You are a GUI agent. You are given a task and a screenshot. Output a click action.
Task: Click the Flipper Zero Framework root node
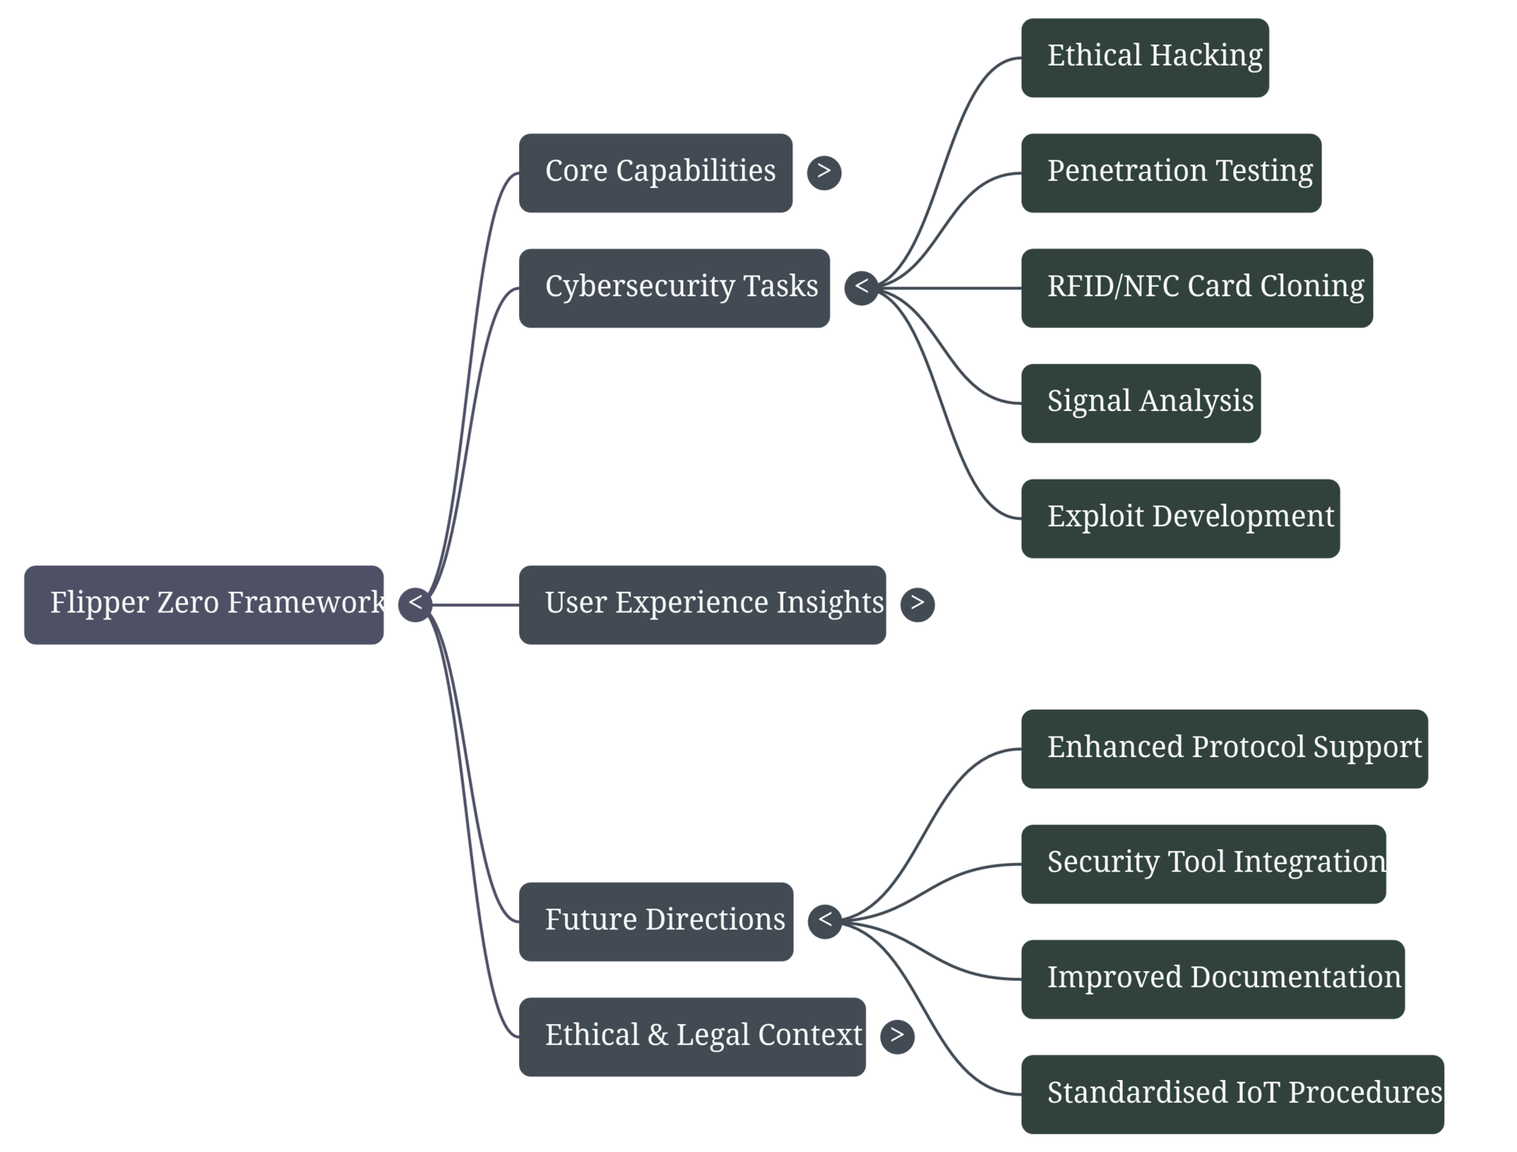pos(204,604)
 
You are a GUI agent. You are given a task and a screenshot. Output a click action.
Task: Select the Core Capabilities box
pos(655,172)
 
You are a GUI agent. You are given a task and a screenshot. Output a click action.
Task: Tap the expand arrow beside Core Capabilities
pos(824,171)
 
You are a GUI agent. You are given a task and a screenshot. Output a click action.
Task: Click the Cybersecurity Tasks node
pos(674,288)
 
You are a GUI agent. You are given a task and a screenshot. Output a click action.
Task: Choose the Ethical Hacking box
pos(1145,58)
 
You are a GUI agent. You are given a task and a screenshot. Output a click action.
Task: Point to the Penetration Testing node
pos(1171,172)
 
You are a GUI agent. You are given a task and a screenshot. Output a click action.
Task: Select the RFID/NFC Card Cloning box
pos(1196,288)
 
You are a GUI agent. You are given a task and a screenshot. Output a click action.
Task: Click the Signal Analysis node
pos(1140,403)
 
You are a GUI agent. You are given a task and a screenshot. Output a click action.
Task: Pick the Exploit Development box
pos(1180,518)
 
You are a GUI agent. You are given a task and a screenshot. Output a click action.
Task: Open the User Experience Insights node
pos(702,604)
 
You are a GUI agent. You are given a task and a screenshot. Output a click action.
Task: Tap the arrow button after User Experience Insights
pos(917,604)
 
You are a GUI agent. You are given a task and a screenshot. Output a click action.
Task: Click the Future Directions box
pos(656,921)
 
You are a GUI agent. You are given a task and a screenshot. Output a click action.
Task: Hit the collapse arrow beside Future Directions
pos(825,920)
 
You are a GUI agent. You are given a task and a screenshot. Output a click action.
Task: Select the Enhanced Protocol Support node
pos(1224,748)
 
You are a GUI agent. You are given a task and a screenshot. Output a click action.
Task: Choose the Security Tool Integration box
pos(1203,864)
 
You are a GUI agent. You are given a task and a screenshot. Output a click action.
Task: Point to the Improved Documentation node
pos(1212,979)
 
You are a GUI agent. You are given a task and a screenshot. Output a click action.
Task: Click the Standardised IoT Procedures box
pos(1232,1094)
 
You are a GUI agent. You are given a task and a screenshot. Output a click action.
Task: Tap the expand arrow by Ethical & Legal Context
pos(897,1036)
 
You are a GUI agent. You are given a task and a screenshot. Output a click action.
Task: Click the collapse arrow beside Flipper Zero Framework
pos(415,604)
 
